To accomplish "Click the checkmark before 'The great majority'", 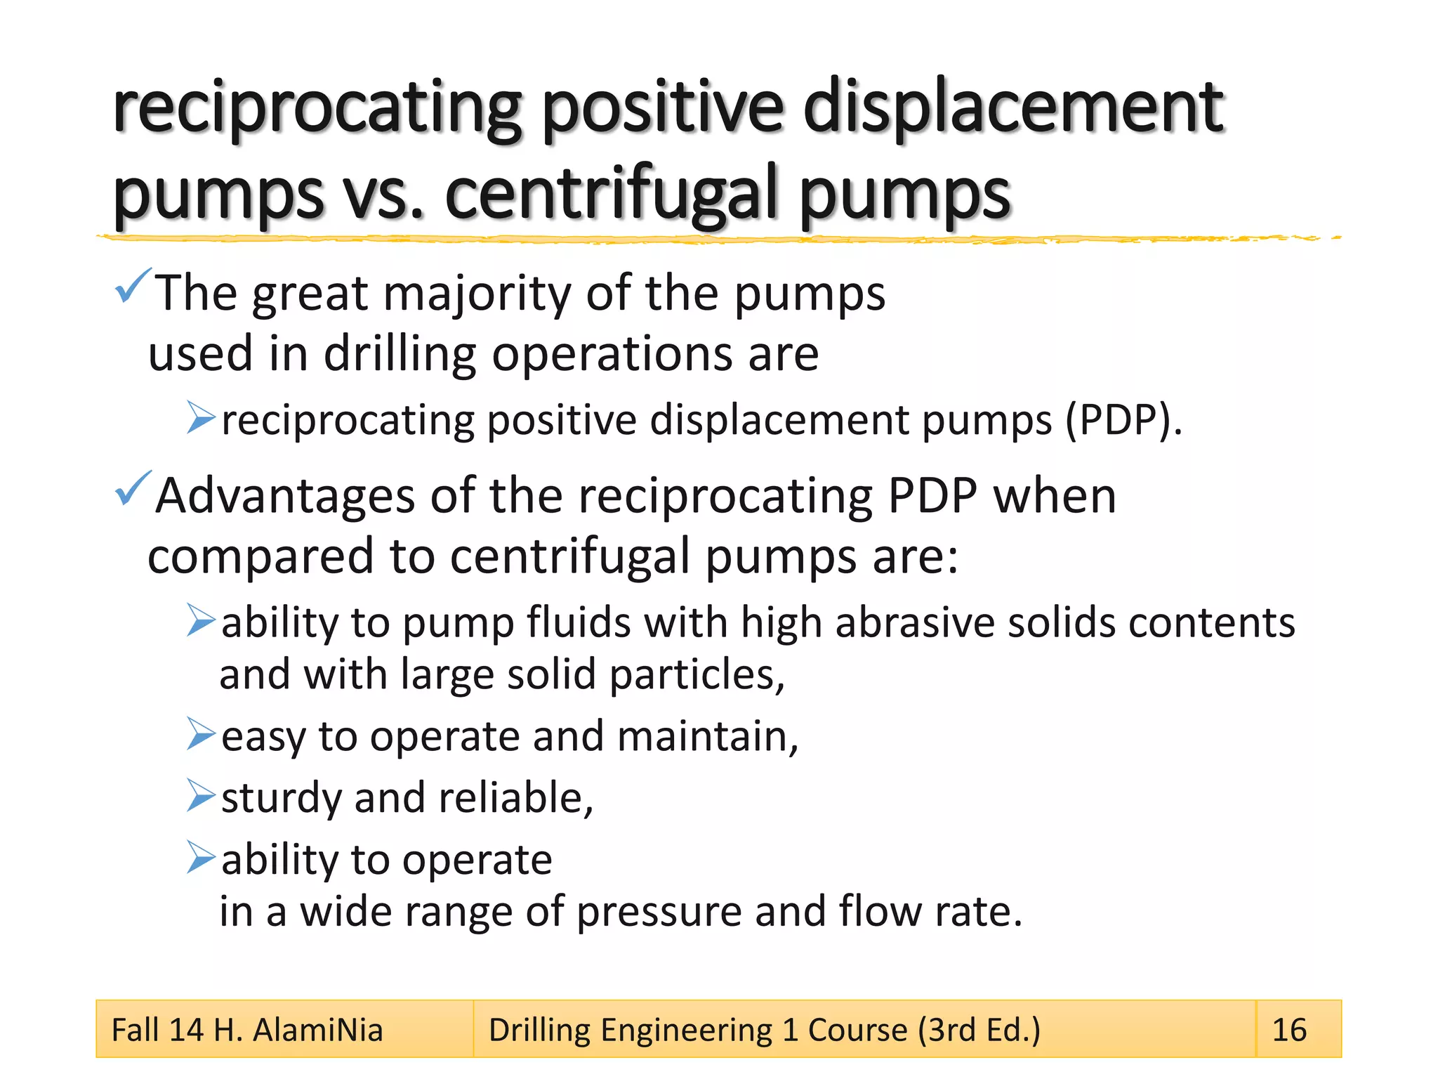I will (x=131, y=286).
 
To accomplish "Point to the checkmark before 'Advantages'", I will (x=131, y=488).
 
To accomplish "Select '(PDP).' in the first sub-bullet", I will (x=1123, y=420).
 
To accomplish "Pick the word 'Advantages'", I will (x=285, y=496).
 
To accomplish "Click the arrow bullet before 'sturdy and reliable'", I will (x=201, y=795).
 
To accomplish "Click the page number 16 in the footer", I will (x=1289, y=1030).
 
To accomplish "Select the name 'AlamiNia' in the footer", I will (x=317, y=1031).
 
